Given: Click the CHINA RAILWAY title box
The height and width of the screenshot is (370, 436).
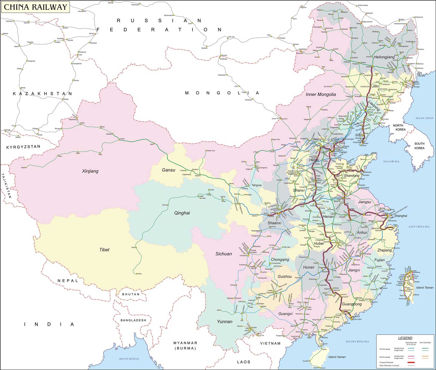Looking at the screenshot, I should coord(35,7).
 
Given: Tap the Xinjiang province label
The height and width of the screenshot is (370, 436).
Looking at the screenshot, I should coord(90,171).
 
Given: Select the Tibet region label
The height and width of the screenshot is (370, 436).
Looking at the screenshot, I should coord(104,250).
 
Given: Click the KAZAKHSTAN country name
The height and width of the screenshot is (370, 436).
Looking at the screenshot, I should coord(42,94).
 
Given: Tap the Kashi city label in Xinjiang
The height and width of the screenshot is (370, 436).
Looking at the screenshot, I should coord(23,168).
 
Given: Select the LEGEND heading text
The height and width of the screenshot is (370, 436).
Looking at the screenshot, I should coord(405,338).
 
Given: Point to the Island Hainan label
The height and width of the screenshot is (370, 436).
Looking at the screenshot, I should coord(337,357).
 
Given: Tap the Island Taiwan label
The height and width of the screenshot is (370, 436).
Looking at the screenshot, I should coord(425,287).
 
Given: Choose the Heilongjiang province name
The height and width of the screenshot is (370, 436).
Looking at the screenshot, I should coord(384,57).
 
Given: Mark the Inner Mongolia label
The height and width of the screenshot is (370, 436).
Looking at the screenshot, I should coord(320,94).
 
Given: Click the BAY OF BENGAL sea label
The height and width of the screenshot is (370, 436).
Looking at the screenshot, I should coord(129,359).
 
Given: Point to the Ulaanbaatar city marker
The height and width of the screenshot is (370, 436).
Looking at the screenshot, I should coord(227,75).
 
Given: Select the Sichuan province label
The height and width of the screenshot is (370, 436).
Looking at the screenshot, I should coord(223,254).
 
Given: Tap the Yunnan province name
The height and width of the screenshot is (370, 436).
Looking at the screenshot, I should coord(224,322).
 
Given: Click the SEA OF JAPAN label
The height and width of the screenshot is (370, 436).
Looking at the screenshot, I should coord(424,118).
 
